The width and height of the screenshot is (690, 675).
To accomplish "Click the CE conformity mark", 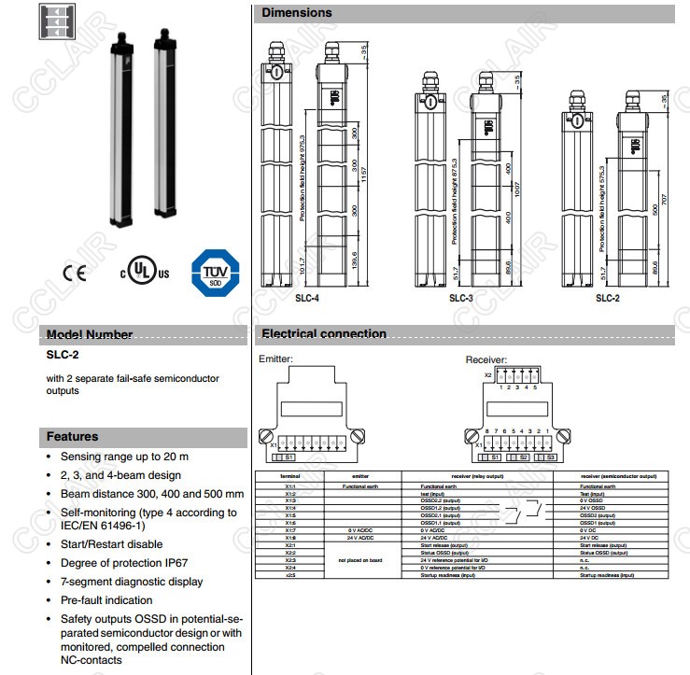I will click(74, 274).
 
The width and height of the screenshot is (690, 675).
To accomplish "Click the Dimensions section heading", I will click(296, 13).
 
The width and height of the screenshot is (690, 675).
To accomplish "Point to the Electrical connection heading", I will click(323, 333).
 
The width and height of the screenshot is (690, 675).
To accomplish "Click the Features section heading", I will click(72, 436).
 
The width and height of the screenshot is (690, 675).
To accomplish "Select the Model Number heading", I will click(90, 334).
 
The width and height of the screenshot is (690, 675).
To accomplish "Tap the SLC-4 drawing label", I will click(306, 299).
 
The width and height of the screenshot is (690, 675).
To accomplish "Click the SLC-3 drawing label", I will click(461, 299).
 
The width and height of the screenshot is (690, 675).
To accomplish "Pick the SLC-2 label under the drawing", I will click(607, 299).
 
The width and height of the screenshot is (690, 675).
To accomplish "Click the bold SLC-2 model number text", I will click(61, 355).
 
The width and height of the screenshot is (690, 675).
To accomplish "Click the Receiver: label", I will click(486, 359).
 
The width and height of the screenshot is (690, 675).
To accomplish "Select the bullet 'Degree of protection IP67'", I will click(124, 562).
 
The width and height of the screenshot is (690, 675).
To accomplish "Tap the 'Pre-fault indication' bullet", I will click(106, 600).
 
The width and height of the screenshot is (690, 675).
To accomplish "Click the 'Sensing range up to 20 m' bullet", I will click(124, 457).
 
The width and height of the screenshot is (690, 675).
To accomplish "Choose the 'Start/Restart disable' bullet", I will click(111, 543).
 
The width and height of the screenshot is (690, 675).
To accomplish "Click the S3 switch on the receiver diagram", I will click(551, 457).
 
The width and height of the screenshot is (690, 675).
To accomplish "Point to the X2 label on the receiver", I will click(487, 374).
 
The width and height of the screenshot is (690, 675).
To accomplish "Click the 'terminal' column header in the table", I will click(290, 476).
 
